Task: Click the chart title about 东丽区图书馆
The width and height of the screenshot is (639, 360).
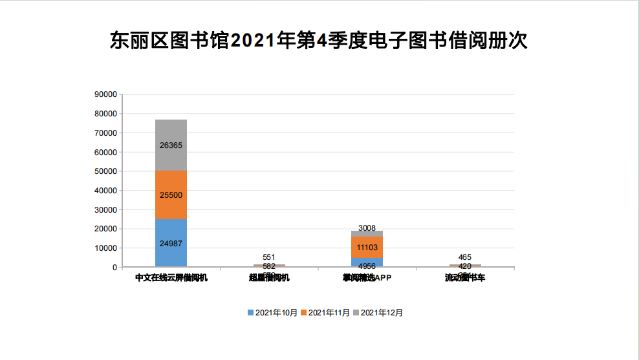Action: click(x=319, y=40)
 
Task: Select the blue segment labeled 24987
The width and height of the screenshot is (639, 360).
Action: click(x=171, y=243)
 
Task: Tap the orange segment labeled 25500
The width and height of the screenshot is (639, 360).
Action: click(x=171, y=195)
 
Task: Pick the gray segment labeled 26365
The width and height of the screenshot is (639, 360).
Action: click(x=171, y=145)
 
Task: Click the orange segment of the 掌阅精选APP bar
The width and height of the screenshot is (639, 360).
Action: click(x=367, y=247)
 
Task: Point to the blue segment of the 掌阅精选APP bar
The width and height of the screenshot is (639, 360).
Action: click(x=367, y=262)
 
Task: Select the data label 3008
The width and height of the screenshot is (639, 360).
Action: click(x=367, y=228)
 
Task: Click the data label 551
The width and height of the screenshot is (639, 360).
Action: click(x=269, y=257)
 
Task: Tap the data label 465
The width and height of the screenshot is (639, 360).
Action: click(x=465, y=257)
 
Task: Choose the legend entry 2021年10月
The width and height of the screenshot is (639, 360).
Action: click(x=272, y=313)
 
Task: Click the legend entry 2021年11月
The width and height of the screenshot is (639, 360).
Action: click(x=325, y=313)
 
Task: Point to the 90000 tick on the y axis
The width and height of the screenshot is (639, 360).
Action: click(x=105, y=94)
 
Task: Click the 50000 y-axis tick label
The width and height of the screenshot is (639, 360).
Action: click(x=105, y=171)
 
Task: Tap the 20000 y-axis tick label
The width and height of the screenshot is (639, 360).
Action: click(x=105, y=229)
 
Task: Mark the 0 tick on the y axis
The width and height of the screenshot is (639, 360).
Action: click(x=114, y=267)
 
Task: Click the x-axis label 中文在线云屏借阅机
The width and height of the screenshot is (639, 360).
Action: click(x=171, y=278)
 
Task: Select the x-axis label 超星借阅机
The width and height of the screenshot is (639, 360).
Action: click(x=269, y=278)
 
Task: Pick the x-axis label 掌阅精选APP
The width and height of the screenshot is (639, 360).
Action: click(x=367, y=278)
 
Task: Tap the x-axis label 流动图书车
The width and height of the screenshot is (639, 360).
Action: click(x=465, y=278)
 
